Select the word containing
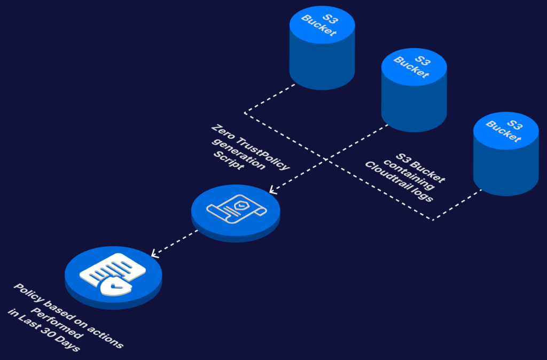(x=409, y=175)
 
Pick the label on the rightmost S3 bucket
(x=504, y=130)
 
